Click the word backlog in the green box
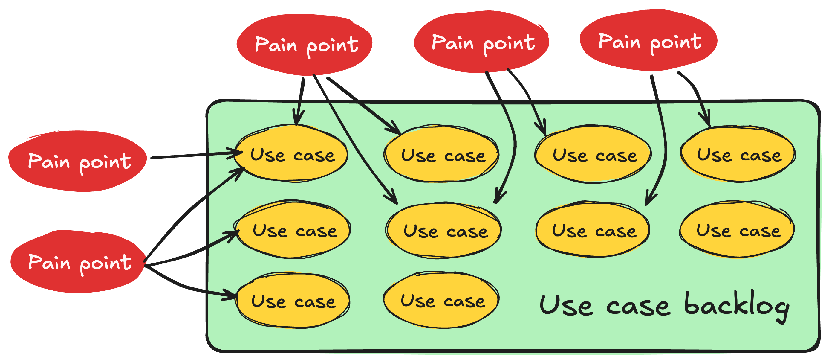point(736,306)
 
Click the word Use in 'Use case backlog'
point(565,305)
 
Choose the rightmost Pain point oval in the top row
point(648,40)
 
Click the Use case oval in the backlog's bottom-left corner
point(293,301)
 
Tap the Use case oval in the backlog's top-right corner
point(738,154)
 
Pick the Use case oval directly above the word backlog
point(737,229)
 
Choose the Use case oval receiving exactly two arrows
point(443,230)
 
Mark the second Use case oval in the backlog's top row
point(441,154)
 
